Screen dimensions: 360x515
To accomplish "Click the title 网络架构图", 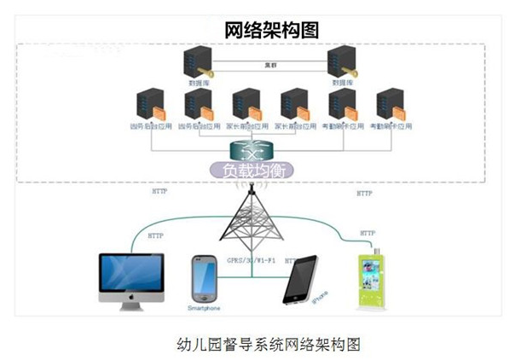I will (271, 30).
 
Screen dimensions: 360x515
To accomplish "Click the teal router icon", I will (248, 150).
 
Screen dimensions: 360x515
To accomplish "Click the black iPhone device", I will (299, 279).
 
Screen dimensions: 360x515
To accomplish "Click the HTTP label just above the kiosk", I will (367, 232).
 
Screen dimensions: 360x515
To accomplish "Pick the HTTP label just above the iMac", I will (156, 235).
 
